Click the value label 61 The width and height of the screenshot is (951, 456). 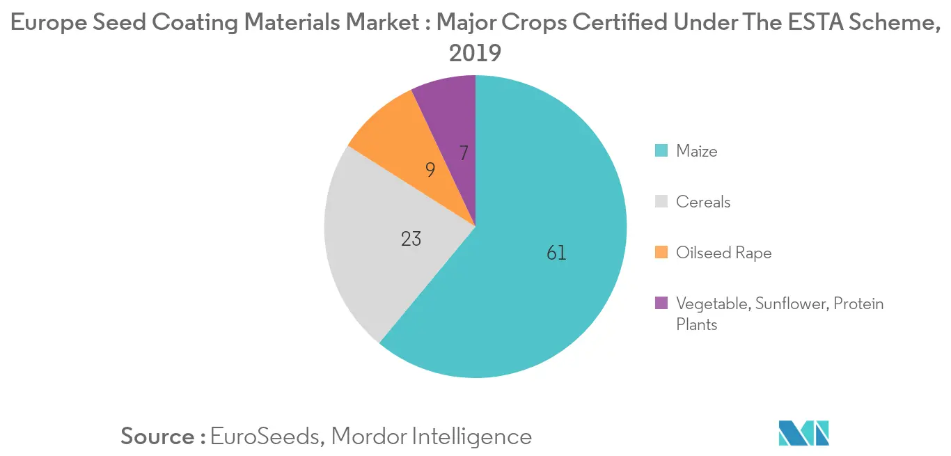[556, 253]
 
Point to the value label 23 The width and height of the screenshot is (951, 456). [411, 239]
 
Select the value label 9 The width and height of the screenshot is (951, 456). [430, 169]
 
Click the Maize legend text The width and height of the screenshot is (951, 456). [696, 151]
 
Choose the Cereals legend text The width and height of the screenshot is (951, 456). [703, 202]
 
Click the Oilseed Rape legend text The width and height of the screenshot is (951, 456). [723, 253]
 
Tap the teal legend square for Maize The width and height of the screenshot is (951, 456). [661, 151]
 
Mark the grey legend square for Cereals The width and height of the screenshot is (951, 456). [661, 202]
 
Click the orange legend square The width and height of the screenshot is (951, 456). [661, 253]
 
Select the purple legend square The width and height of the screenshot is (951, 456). [661, 304]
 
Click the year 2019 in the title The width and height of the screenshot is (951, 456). [475, 54]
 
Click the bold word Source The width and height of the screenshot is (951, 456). [158, 437]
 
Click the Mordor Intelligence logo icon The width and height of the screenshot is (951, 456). [803, 433]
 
